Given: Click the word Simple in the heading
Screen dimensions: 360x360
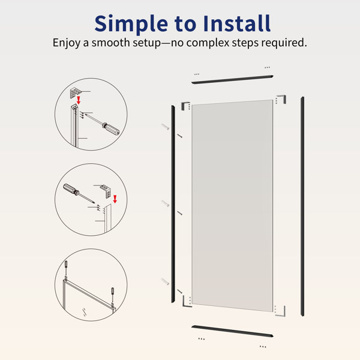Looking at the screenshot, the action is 131,24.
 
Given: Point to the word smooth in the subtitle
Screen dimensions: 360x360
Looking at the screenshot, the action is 110,43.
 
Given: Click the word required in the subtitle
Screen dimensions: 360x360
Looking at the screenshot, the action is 284,43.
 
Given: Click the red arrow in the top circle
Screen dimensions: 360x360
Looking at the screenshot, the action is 79,100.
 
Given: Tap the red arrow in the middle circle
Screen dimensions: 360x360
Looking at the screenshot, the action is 115,199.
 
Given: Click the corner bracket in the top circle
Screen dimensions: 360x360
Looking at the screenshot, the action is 75,93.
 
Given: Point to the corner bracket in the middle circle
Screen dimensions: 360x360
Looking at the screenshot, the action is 106,191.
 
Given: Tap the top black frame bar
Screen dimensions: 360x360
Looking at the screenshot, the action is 232,79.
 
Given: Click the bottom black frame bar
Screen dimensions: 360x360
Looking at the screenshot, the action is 232,331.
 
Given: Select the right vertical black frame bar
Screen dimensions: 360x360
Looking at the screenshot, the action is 302,206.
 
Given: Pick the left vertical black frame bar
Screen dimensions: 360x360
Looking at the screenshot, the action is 173,204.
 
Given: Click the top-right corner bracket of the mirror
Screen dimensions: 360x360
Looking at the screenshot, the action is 281,99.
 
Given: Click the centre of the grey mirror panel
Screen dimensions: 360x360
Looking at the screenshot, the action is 232,206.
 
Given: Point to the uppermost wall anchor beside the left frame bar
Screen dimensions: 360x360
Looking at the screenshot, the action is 165,126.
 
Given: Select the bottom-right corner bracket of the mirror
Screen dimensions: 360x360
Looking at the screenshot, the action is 281,311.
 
